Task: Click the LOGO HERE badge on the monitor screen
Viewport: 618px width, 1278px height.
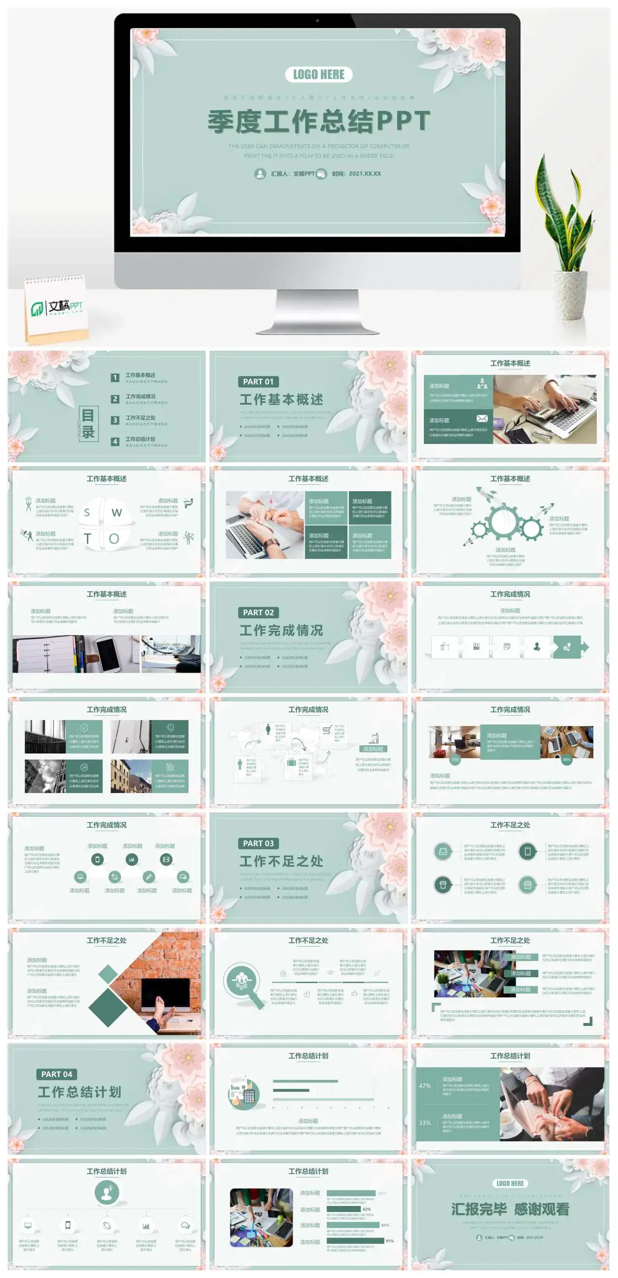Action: [x=319, y=74]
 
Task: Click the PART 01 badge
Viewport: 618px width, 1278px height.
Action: [x=258, y=382]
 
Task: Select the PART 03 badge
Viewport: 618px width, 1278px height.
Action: [x=258, y=843]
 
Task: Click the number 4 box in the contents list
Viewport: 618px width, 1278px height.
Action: [x=115, y=441]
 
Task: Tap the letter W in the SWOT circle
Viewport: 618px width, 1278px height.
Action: [x=116, y=512]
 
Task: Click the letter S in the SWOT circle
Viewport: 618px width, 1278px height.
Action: [x=87, y=512]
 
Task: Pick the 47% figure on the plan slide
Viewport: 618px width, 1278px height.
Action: [x=424, y=1085]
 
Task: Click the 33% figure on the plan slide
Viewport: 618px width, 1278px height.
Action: [x=424, y=1122]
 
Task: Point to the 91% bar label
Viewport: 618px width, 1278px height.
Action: [x=390, y=1241]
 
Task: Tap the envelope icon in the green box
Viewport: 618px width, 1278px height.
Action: [x=481, y=418]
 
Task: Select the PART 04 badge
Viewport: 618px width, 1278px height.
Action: [x=56, y=1074]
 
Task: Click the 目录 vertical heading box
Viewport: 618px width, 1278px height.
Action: [x=88, y=424]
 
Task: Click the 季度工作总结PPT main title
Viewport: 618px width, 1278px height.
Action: [x=319, y=122]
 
